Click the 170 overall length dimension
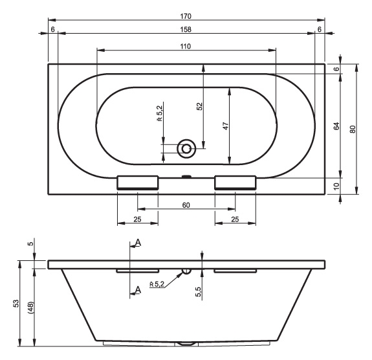click(186, 16)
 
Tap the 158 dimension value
click(186, 29)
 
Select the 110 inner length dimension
click(185, 47)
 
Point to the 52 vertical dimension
click(200, 106)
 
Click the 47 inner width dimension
click(226, 126)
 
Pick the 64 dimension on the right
click(336, 126)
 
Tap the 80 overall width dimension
click(353, 129)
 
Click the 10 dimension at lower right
click(336, 186)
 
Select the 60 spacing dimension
click(186, 205)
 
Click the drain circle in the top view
click(186, 149)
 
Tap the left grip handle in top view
click(137, 183)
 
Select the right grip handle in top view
click(235, 183)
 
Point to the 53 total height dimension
click(16, 304)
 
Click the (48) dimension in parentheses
click(31, 308)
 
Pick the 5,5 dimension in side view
click(199, 291)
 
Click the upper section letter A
click(138, 243)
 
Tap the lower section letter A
click(138, 290)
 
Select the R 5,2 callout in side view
click(157, 284)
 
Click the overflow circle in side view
click(186, 271)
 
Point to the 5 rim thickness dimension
click(31, 243)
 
